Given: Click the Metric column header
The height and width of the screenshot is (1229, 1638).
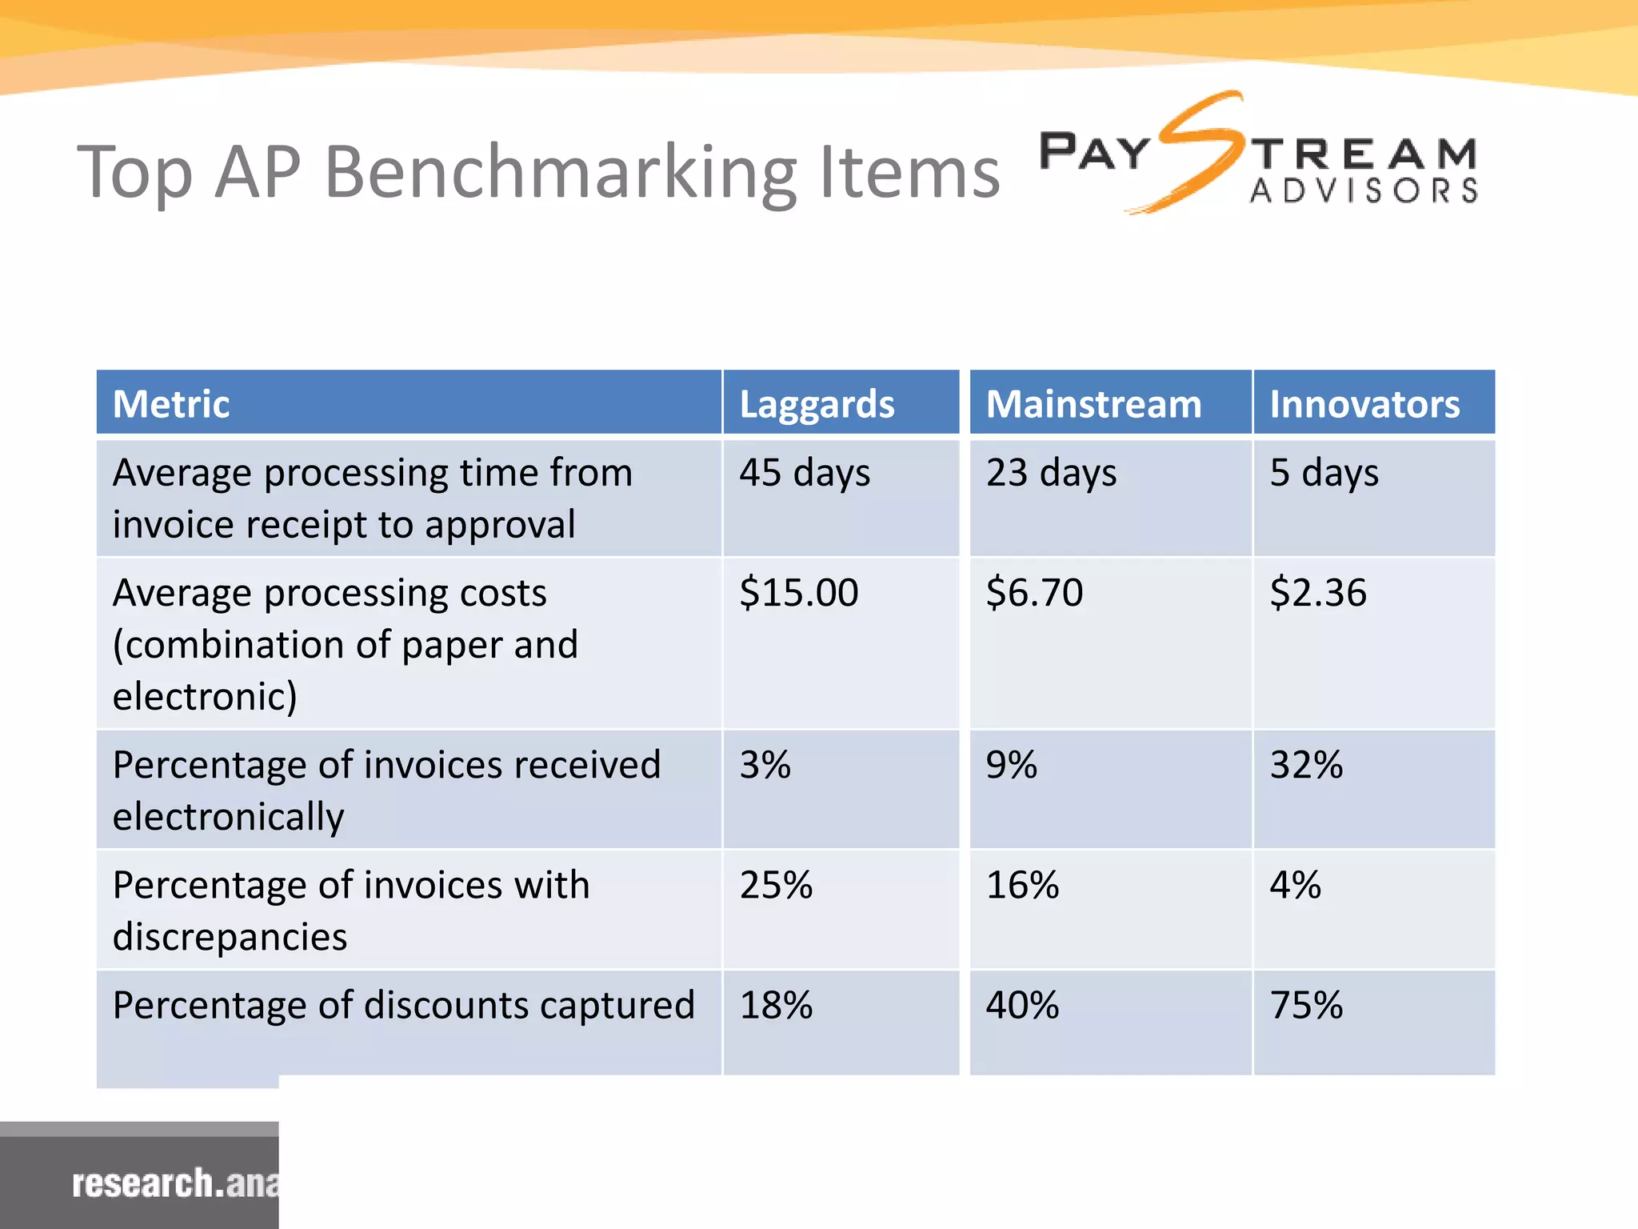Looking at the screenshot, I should [x=171, y=404].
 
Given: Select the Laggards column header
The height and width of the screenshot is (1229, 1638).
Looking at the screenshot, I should [x=817, y=404].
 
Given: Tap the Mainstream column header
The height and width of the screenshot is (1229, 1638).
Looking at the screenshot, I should [x=1093, y=404].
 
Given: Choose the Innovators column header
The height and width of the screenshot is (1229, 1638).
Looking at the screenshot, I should [x=1364, y=404].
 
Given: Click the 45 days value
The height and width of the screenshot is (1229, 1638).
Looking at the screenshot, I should [x=804, y=473].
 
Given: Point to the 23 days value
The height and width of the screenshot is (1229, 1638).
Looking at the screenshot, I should [x=1051, y=473].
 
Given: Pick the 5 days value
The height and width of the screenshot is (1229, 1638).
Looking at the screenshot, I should [x=1324, y=473].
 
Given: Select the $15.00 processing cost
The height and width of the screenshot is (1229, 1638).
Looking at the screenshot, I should [x=798, y=593].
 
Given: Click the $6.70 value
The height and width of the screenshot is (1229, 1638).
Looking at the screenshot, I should [x=1034, y=593].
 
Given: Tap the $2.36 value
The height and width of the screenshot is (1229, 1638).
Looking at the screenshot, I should [x=1318, y=593].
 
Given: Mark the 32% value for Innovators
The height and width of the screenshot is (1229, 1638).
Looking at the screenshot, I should [x=1306, y=765].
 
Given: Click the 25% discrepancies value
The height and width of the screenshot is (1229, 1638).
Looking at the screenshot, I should [x=776, y=885].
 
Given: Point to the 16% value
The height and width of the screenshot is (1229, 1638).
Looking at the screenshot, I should [x=1022, y=885].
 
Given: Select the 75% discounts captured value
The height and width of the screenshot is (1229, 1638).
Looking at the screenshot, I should [x=1306, y=1005].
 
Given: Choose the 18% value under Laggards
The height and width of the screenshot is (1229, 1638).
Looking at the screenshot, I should [x=776, y=1005].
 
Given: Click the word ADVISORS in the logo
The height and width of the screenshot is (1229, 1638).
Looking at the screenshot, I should [x=1364, y=191].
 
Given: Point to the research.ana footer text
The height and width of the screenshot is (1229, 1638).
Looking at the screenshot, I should [x=175, y=1183].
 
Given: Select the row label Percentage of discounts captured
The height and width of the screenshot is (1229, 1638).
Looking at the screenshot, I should [x=404, y=1006].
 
